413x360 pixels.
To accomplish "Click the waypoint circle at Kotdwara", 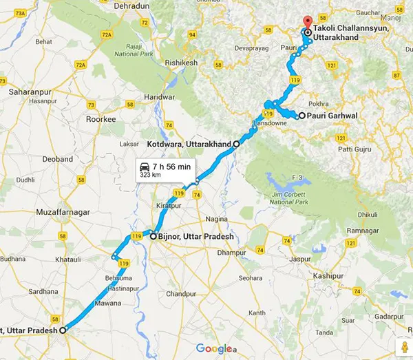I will click(236, 145).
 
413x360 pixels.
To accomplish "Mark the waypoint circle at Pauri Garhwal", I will click(301, 115).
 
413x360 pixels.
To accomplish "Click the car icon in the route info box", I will click(145, 167).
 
